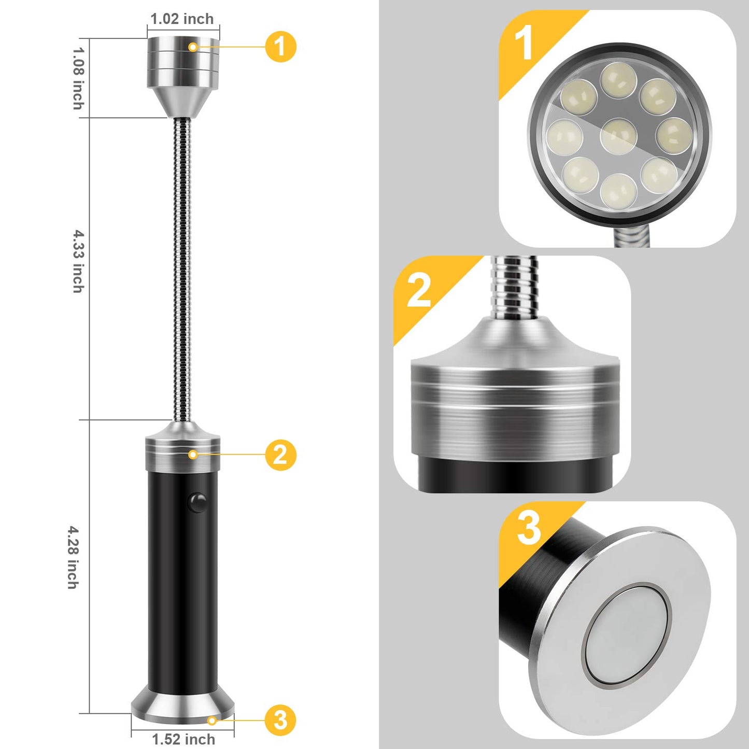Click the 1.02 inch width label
[x=182, y=19]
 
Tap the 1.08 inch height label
[x=78, y=78]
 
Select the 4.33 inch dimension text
[x=78, y=261]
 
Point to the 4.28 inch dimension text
[x=74, y=557]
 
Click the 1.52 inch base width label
[x=183, y=739]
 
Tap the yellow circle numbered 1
[x=280, y=47]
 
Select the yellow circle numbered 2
[x=280, y=455]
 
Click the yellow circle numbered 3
[x=280, y=720]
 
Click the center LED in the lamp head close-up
[x=618, y=136]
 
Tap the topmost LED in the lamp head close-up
[x=619, y=80]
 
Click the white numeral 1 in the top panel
[x=524, y=43]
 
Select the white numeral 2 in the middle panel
[x=419, y=290]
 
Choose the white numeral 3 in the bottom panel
[x=529, y=528]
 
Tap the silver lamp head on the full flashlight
[x=183, y=73]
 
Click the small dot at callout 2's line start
[x=193, y=455]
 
